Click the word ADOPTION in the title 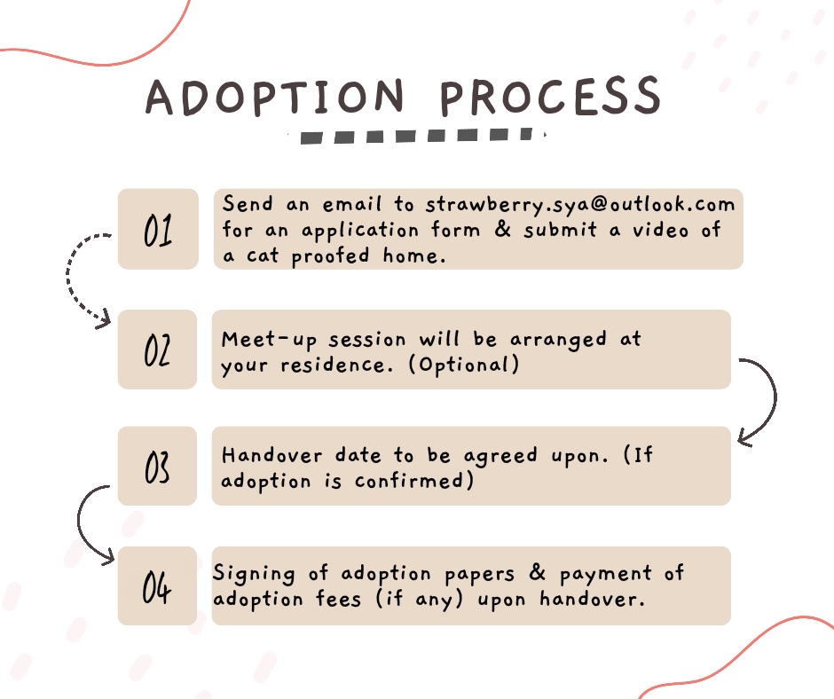point(274,98)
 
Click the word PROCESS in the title point(550,96)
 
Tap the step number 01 point(158,231)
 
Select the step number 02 point(157,350)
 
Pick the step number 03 point(157,467)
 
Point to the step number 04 point(157,587)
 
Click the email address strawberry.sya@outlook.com point(580,205)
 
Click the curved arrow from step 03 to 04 point(79,524)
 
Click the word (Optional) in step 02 point(463,365)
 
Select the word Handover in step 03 point(271,455)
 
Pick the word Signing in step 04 point(254,574)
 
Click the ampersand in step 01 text point(503,229)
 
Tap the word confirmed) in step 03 point(413,481)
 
